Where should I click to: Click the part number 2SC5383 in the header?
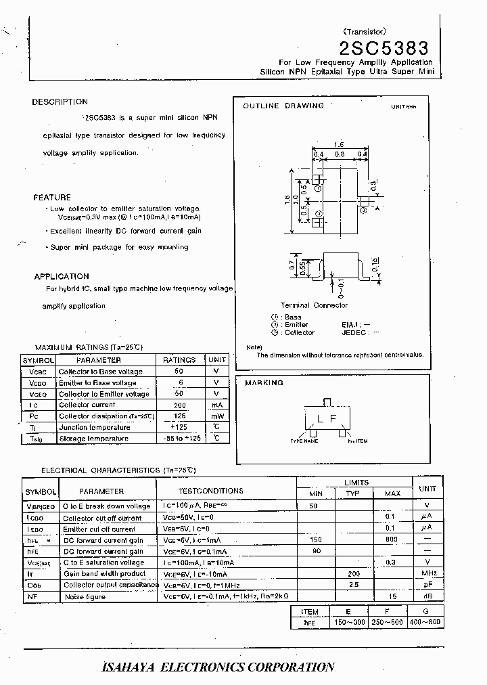click(x=384, y=48)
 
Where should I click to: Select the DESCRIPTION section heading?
click(x=60, y=102)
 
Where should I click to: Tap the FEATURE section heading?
click(x=52, y=198)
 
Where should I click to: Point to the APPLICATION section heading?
click(x=62, y=276)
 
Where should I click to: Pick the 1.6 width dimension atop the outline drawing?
click(x=339, y=145)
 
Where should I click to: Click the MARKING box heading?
click(x=264, y=383)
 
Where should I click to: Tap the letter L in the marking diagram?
click(x=319, y=418)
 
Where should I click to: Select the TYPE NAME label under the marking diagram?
click(x=304, y=441)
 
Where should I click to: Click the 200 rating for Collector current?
click(x=179, y=405)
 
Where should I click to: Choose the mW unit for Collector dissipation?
click(x=216, y=416)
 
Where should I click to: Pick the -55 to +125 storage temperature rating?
click(x=179, y=439)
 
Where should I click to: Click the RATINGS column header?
click(x=179, y=360)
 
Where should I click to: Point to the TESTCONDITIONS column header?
click(x=210, y=491)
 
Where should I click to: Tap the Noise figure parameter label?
click(x=85, y=597)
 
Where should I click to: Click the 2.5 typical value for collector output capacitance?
click(x=352, y=585)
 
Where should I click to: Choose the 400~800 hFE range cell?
click(x=426, y=621)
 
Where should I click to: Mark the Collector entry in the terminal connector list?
click(x=298, y=332)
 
